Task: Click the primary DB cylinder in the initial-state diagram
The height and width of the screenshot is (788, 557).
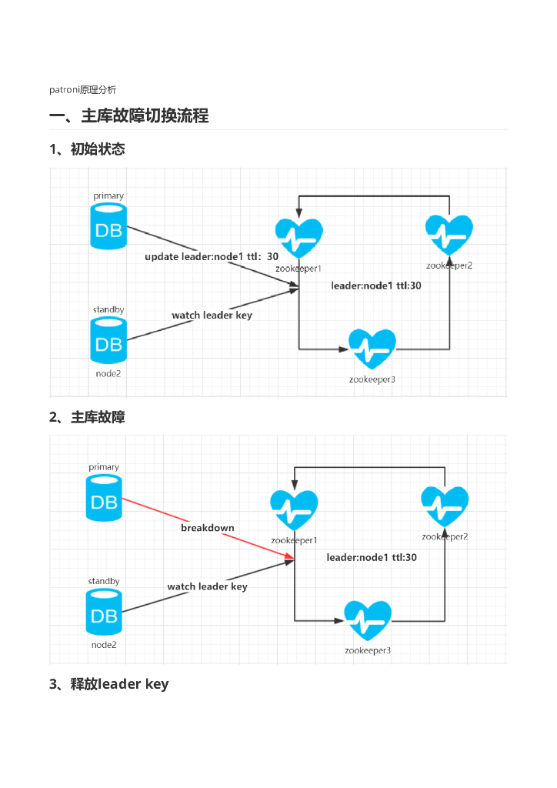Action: pos(108,226)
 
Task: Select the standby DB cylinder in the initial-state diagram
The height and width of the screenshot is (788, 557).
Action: pos(108,340)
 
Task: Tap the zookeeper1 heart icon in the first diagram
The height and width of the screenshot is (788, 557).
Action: pos(299,237)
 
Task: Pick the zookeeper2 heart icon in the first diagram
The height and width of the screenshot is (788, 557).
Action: pos(449,234)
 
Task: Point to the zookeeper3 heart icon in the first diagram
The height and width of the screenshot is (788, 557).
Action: pos(372,349)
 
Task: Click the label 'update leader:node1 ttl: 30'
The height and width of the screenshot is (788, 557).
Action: pos(212,256)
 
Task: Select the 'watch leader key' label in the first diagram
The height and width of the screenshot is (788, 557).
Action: pos(212,315)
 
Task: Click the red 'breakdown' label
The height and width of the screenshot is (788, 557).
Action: pos(208,528)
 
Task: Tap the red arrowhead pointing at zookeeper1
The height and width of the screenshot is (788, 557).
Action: pos(289,556)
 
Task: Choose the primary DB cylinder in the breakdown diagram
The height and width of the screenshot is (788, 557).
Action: pos(104,498)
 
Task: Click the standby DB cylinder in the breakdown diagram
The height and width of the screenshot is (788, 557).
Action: pos(104,612)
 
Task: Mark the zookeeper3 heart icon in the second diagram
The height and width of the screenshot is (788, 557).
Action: pos(368,620)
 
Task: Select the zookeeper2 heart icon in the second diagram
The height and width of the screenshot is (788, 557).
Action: pos(445,506)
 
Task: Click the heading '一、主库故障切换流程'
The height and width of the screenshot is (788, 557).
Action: pos(129,115)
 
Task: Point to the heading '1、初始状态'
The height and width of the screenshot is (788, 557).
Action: pos(87,149)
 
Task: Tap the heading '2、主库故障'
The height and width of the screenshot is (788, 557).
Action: pos(87,417)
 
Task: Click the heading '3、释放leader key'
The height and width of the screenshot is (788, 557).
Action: pos(109,684)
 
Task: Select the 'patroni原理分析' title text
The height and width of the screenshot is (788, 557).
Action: pos(83,90)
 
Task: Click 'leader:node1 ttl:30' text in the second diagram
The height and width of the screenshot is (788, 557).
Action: pos(372,557)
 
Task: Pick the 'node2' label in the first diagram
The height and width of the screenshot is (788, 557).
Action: pos(108,373)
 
